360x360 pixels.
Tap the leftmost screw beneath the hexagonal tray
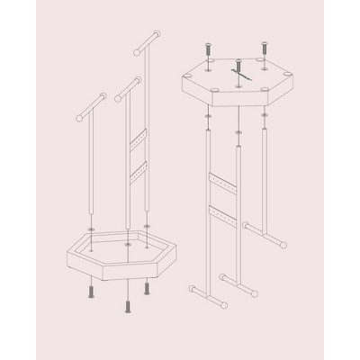coord(90,292)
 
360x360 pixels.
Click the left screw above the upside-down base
coord(209,47)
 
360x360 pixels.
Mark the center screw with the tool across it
coord(239,72)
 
